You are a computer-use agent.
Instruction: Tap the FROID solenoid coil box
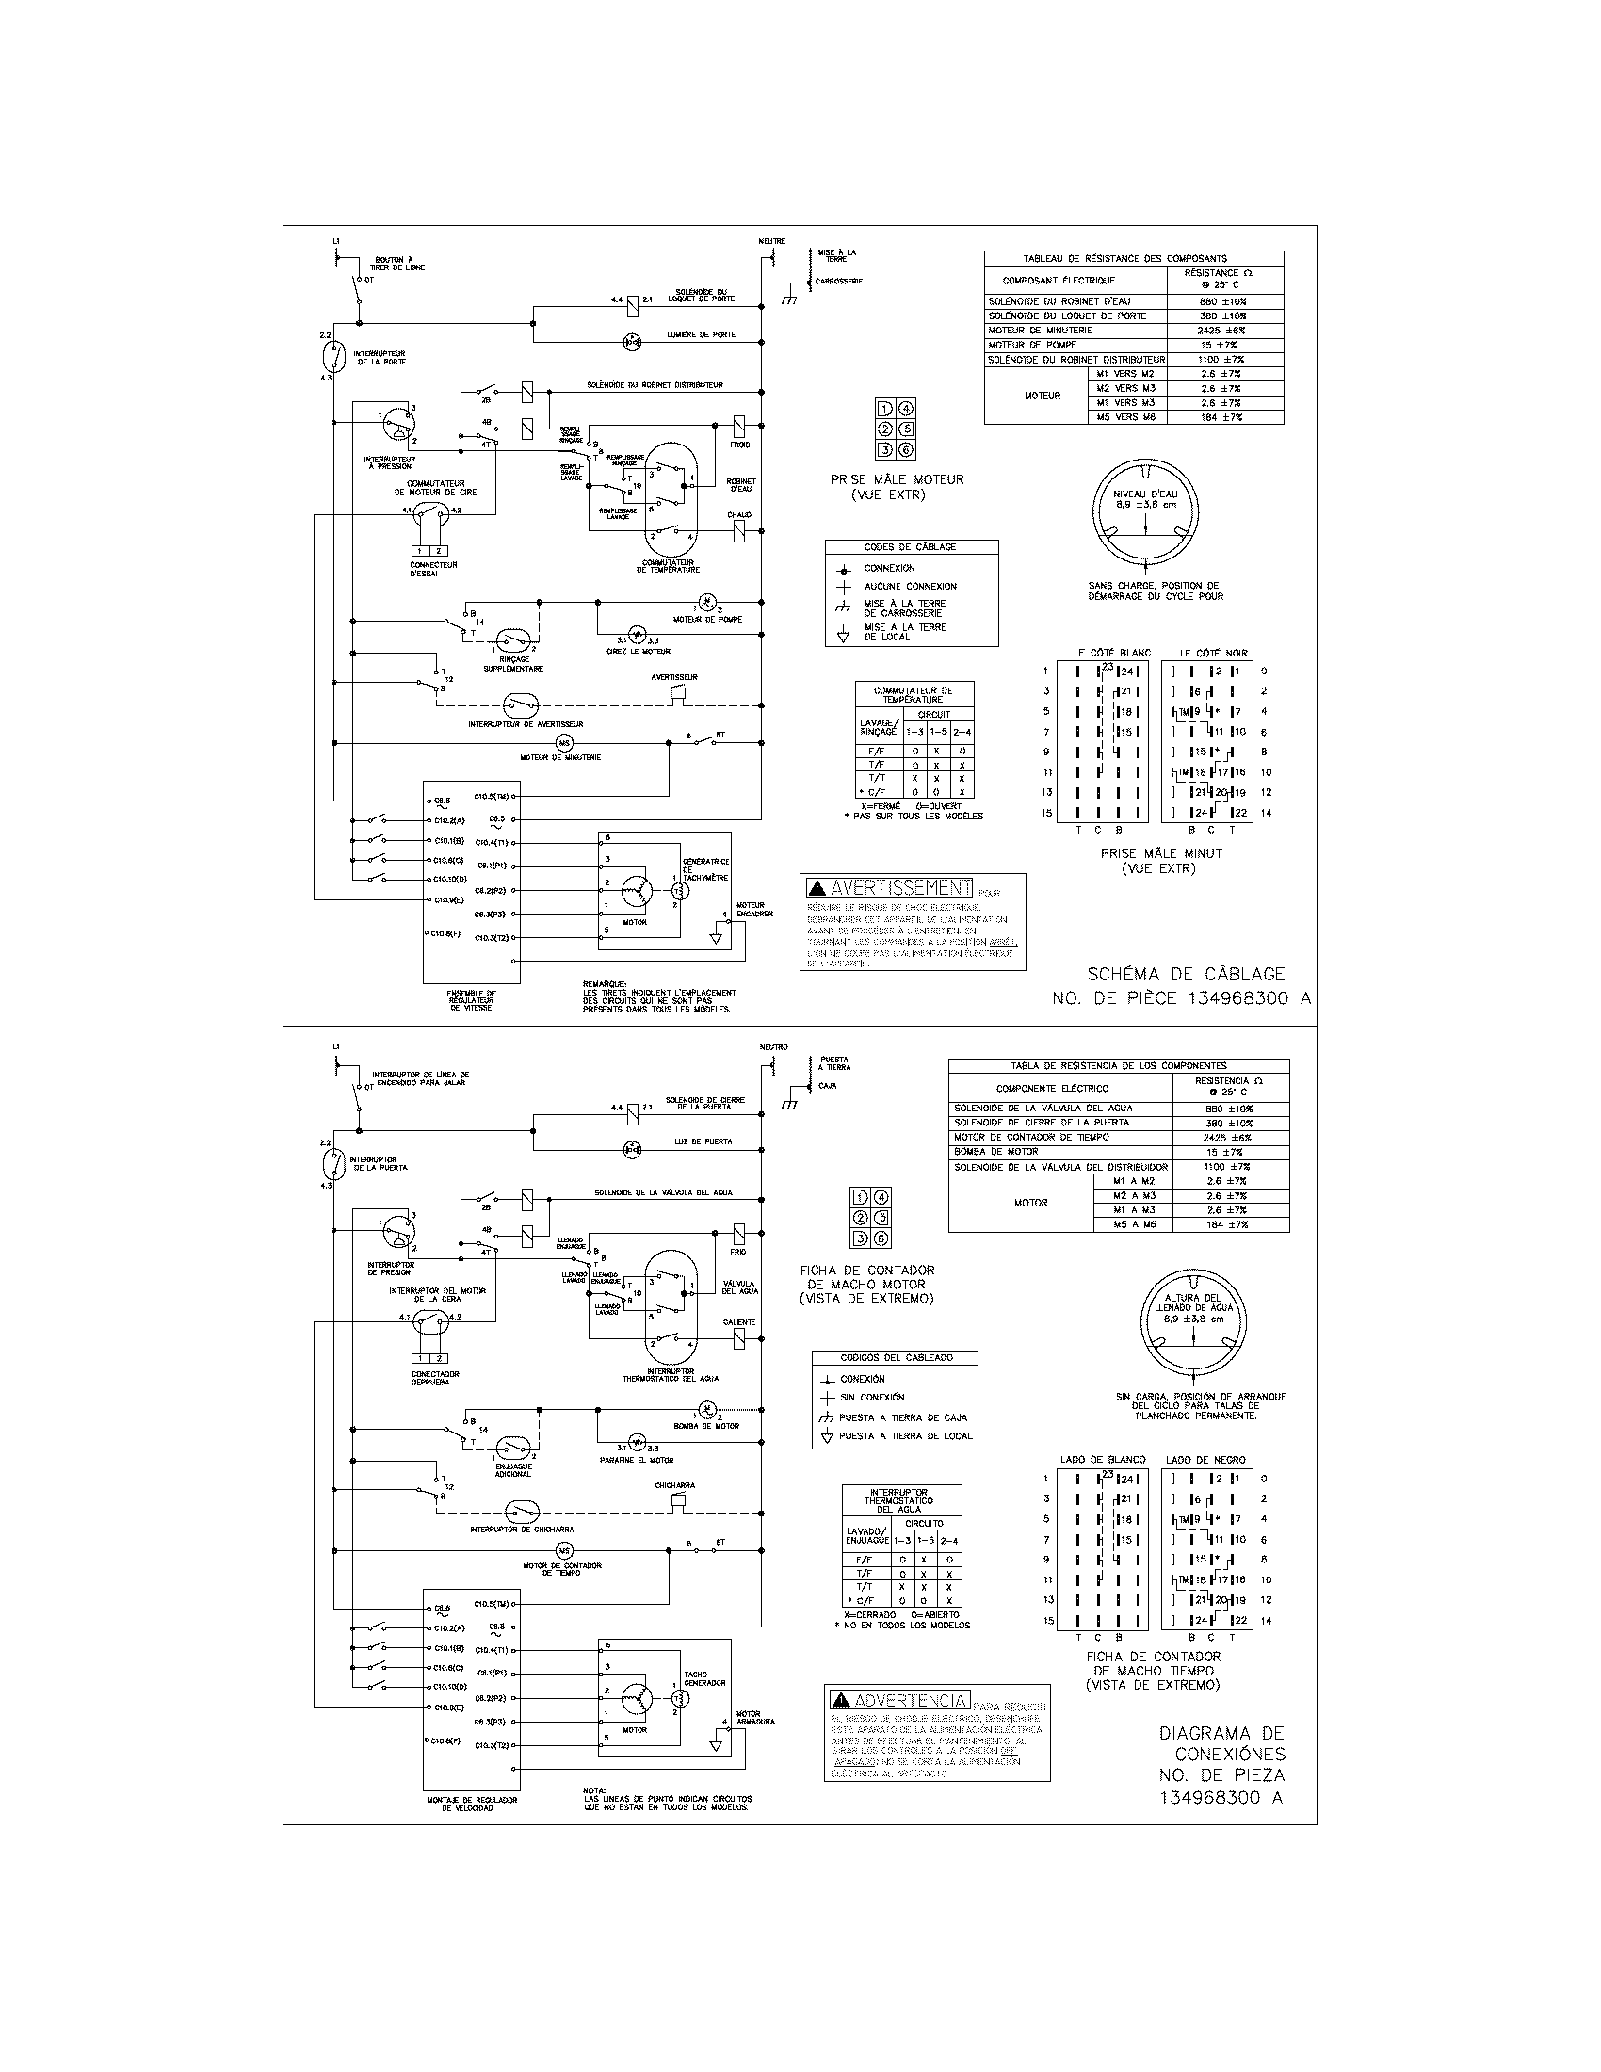point(739,424)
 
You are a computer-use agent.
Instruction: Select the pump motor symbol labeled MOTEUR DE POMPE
point(707,602)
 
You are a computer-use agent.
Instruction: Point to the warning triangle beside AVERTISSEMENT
point(817,888)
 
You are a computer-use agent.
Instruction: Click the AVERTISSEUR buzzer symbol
point(676,693)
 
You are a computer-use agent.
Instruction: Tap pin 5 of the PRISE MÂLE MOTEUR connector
point(907,429)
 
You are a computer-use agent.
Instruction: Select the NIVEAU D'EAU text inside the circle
point(1146,494)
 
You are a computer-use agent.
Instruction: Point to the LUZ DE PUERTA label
point(703,1141)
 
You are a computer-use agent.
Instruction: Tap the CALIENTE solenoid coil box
point(739,1338)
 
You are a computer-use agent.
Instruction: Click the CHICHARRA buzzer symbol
point(676,1500)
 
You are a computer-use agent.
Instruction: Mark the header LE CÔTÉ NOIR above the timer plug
point(1213,653)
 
